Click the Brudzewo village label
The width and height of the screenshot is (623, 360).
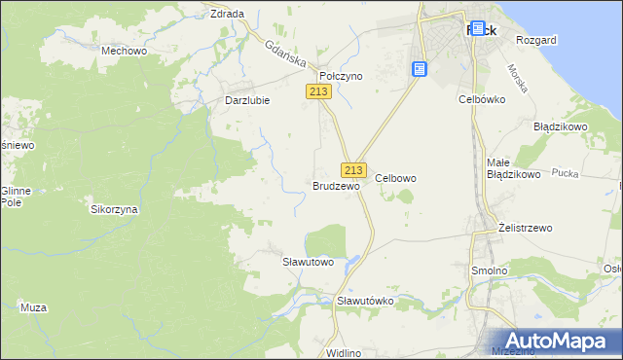coord(337,185)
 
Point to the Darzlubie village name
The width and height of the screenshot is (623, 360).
coord(246,99)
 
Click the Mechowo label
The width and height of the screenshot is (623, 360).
coord(124,50)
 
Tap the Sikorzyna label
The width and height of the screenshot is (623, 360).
coord(114,209)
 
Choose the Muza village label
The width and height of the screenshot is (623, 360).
coord(33,307)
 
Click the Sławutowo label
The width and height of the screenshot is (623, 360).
coord(308,262)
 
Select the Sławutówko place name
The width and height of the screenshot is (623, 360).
coord(364,301)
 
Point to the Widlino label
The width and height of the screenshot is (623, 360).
coord(345,352)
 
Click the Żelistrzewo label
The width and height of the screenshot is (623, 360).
coord(525,228)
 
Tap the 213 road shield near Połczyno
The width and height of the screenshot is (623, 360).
coord(319,90)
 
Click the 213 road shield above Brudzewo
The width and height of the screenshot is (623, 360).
coord(353,168)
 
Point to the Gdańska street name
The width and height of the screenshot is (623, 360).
coord(283,51)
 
